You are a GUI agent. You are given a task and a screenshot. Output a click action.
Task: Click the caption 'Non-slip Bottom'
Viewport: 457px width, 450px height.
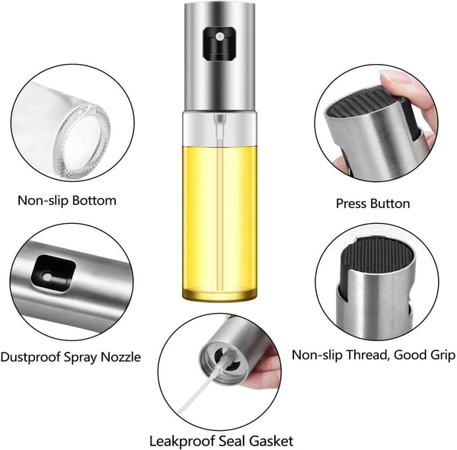point(67,201)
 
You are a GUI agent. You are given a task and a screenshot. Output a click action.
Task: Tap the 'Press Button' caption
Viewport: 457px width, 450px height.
point(372,203)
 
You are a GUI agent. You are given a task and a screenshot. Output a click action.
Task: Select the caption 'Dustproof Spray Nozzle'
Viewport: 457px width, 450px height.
point(70,356)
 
